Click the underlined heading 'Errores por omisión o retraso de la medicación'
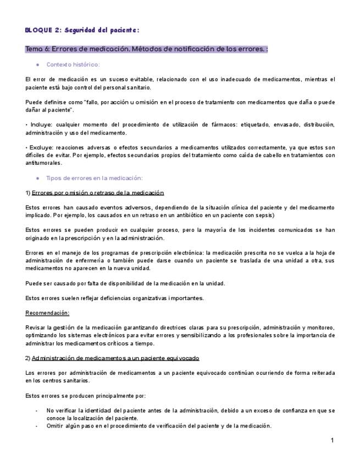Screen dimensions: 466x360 98,193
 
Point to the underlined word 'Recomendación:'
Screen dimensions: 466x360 47,313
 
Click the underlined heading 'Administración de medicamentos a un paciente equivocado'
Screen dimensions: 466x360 115,358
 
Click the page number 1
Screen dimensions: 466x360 333,441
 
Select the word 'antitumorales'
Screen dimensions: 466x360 44,163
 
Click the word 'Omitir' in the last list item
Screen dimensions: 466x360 55,426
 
